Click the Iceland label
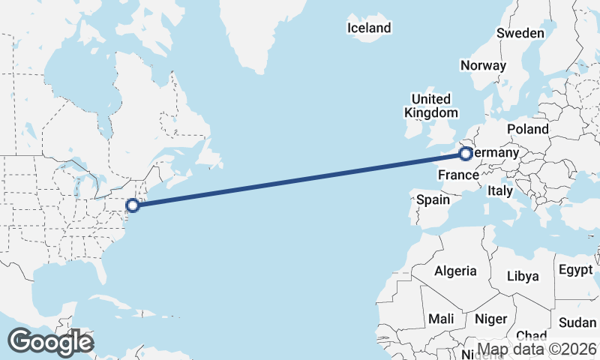tap(369, 28)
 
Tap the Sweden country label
tap(519, 33)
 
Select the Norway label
tap(484, 65)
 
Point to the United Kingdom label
tap(431, 106)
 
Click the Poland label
tap(527, 129)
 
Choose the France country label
tap(458, 175)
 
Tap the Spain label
tap(433, 199)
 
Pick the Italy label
tap(499, 191)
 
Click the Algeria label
tap(455, 270)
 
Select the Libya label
tap(523, 276)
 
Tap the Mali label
tap(442, 319)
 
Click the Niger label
tap(492, 319)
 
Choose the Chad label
tap(532, 335)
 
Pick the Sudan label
tap(577, 322)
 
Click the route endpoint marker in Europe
tap(466, 154)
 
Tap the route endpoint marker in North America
tap(133, 205)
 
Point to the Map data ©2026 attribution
tap(537, 349)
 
